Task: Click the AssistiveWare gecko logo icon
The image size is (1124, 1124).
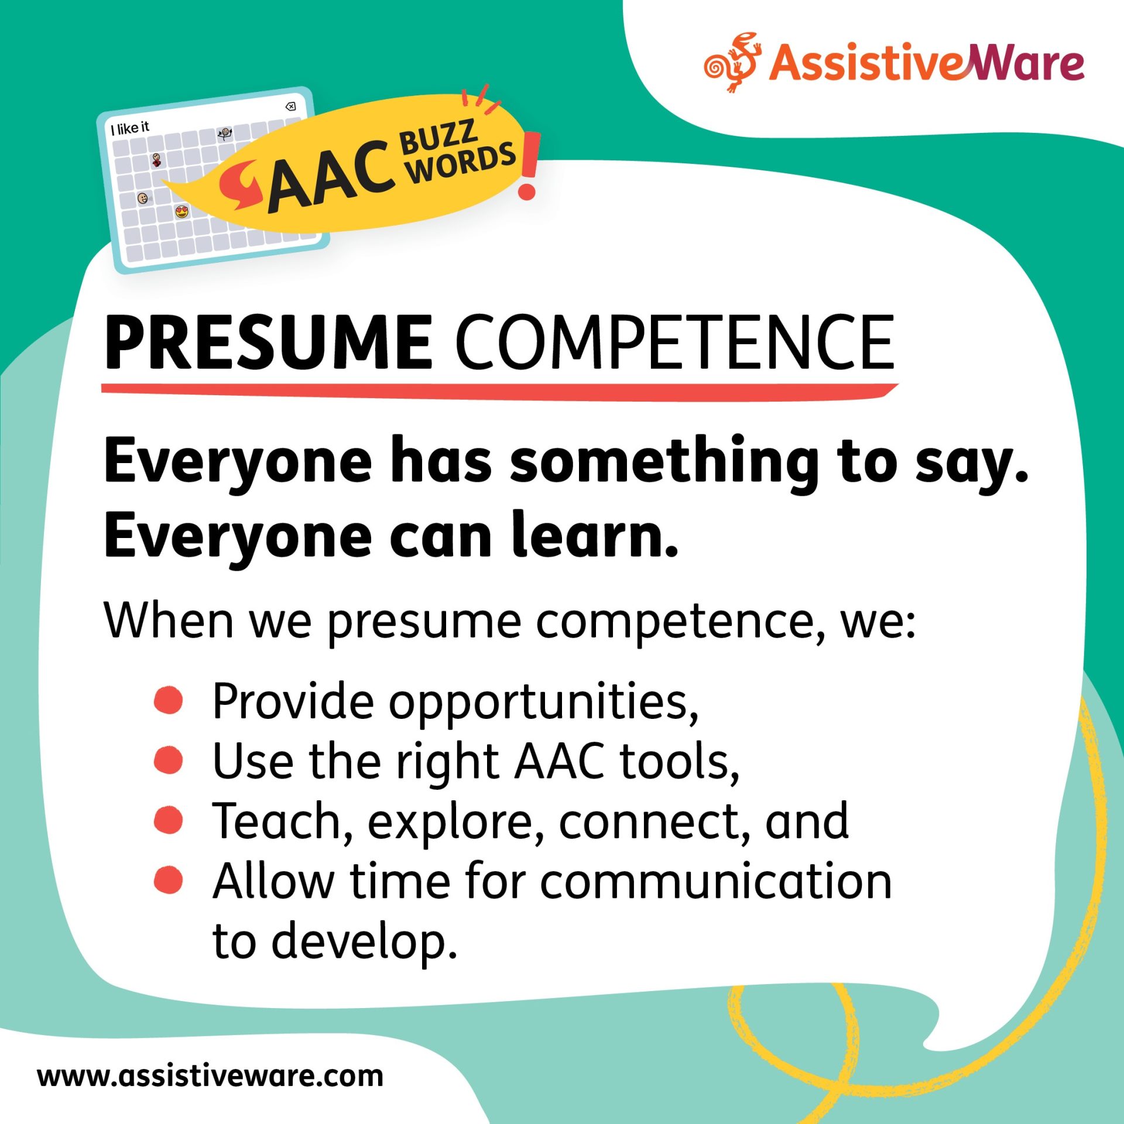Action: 733,62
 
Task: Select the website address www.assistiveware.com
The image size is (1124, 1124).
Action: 210,1076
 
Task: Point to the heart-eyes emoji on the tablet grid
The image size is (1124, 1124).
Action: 182,211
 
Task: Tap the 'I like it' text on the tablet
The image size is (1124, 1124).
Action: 130,128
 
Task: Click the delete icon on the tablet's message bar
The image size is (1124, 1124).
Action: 290,106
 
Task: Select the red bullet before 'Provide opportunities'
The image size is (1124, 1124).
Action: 169,700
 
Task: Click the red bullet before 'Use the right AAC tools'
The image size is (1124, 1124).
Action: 169,760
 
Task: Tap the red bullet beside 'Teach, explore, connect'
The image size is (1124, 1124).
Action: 169,820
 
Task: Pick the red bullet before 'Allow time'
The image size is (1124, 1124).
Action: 169,880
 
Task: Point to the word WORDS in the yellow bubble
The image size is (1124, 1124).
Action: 462,165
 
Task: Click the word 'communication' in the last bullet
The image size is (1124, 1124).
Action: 715,882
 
